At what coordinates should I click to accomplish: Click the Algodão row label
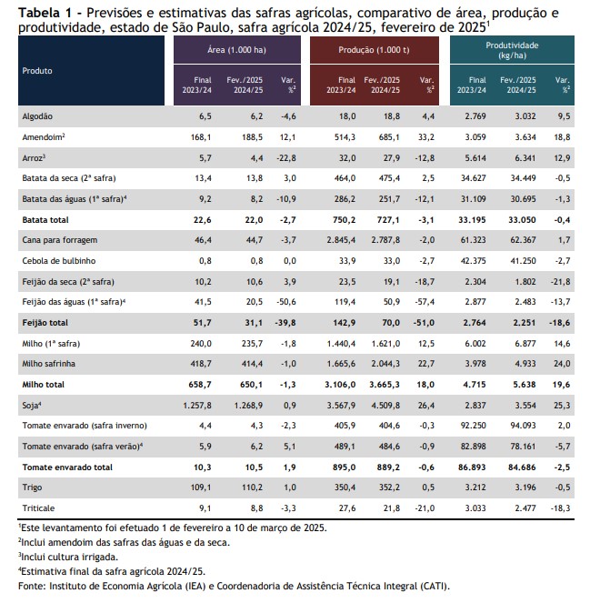[37, 116]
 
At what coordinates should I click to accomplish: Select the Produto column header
[37, 71]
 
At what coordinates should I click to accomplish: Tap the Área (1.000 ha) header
[236, 50]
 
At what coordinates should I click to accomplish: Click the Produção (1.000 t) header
[374, 50]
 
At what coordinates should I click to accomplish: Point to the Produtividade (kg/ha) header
[512, 50]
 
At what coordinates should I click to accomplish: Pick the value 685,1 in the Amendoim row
[389, 137]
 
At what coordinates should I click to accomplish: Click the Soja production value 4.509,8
[385, 406]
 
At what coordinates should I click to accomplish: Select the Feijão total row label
[45, 323]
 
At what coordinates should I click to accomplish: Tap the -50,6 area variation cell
[286, 302]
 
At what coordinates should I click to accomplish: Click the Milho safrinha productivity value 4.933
[525, 364]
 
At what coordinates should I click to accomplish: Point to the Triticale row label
[38, 508]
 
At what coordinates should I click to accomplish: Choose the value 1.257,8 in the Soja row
[197, 406]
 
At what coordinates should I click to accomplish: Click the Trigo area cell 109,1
[201, 487]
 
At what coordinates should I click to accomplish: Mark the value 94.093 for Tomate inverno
[523, 426]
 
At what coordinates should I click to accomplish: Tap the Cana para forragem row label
[60, 240]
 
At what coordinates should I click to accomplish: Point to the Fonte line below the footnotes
[234, 586]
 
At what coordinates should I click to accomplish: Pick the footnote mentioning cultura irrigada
[68, 557]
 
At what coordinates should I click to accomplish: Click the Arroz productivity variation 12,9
[562, 158]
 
